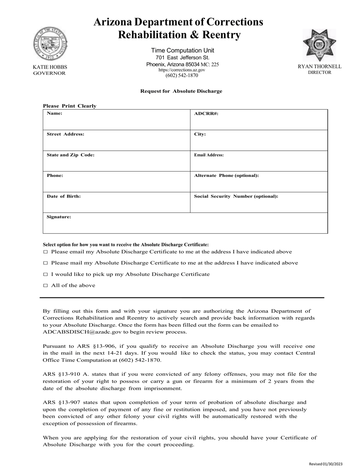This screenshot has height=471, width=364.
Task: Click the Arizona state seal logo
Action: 50,44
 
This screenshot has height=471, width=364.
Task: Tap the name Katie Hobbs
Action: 50,67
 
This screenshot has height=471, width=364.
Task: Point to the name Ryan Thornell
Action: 320,67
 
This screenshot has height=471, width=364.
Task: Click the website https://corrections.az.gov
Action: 182,70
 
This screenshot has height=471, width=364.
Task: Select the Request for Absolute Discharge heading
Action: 181,91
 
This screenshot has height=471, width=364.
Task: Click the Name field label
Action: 54,113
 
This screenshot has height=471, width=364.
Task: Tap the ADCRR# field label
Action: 206,113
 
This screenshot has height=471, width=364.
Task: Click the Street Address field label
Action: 66,134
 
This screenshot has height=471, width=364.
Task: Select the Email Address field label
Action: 209,155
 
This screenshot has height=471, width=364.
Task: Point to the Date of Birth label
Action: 64,196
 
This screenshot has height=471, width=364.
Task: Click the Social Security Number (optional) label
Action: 236,196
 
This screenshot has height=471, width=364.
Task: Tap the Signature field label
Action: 59,217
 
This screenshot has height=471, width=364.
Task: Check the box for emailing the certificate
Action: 46,252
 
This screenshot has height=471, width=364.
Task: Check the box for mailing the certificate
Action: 46,263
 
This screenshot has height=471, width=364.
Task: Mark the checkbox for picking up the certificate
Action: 46,275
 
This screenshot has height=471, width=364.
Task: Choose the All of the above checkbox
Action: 46,286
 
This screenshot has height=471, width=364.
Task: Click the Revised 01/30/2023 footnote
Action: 326,464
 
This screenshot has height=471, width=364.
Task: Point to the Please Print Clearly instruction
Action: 69,106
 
